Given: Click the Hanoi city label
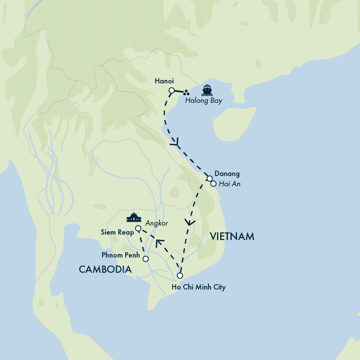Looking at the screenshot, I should (x=164, y=81).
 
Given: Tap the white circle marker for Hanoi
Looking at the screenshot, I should (x=171, y=91).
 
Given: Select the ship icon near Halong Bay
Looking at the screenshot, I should (x=207, y=90).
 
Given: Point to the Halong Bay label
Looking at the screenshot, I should (x=203, y=101).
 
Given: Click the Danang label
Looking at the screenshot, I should (x=227, y=174).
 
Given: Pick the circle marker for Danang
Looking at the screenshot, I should (x=210, y=178).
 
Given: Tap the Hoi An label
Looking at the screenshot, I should (x=230, y=184).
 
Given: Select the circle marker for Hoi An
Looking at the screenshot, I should (x=213, y=184).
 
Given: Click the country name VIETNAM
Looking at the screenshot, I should (x=232, y=237).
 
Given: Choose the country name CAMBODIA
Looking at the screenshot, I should (x=105, y=269).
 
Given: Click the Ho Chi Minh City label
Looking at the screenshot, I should (x=198, y=287).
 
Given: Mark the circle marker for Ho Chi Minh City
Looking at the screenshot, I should (x=180, y=275).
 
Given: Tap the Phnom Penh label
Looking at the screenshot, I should (x=121, y=255).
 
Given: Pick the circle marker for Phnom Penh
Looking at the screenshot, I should (x=146, y=259).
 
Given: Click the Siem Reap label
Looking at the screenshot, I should (x=117, y=232).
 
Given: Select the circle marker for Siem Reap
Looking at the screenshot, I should (x=138, y=229).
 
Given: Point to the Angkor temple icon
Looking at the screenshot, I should (x=134, y=218).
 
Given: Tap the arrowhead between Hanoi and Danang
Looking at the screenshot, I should (x=176, y=144).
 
